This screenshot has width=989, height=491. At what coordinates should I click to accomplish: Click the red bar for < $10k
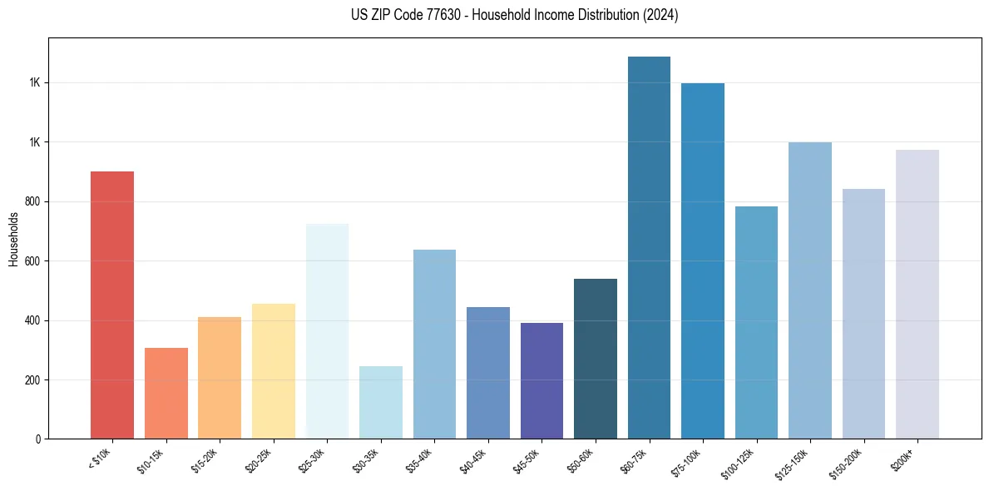click(x=112, y=305)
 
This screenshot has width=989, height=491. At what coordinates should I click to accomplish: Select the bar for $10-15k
click(x=166, y=393)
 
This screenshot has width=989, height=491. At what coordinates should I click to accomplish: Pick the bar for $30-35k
click(x=381, y=402)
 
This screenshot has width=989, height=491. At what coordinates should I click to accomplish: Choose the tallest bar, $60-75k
click(x=649, y=247)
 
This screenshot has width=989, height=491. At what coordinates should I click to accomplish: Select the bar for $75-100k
click(x=703, y=260)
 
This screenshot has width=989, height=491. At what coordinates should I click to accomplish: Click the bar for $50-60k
click(x=596, y=359)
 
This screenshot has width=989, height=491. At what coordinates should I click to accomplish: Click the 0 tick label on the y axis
click(x=38, y=439)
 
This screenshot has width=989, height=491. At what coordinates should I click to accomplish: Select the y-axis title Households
click(x=13, y=240)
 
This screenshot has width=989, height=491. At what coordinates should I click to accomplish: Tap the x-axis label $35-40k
click(x=419, y=460)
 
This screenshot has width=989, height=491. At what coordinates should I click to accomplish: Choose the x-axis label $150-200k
click(x=847, y=463)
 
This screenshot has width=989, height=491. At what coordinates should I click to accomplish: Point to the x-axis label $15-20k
click(x=205, y=460)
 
